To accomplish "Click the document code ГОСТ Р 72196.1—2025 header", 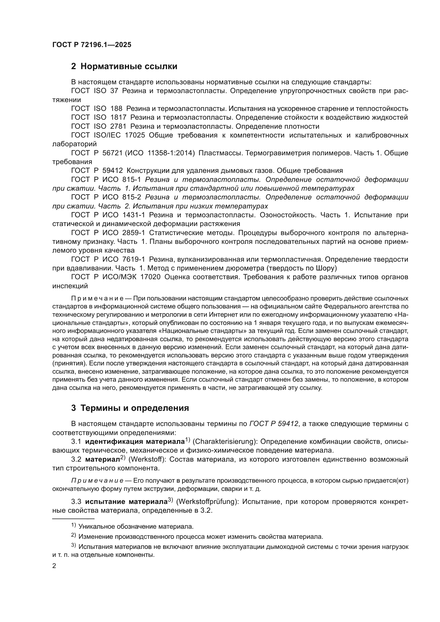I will click(92, 45).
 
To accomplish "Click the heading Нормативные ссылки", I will click(129, 66).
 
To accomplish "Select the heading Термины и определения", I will click(134, 408).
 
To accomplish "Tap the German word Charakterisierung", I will click(225, 442).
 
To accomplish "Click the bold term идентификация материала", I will click(135, 442).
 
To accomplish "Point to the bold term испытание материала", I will click(126, 502).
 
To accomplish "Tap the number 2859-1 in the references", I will click(134, 233).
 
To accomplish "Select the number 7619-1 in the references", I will click(134, 259).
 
